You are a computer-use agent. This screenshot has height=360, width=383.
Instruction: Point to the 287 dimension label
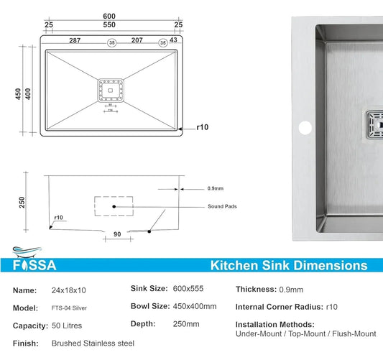click(75, 42)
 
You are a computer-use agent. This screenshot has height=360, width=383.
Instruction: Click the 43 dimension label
click(173, 42)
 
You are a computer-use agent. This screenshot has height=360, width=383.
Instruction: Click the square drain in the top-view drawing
click(110, 91)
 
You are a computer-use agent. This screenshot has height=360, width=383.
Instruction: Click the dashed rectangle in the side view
click(113, 206)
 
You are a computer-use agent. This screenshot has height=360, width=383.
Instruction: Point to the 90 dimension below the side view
click(117, 235)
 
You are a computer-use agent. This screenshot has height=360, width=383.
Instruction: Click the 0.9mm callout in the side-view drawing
click(216, 190)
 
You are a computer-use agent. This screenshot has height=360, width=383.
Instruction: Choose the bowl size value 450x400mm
click(195, 307)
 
